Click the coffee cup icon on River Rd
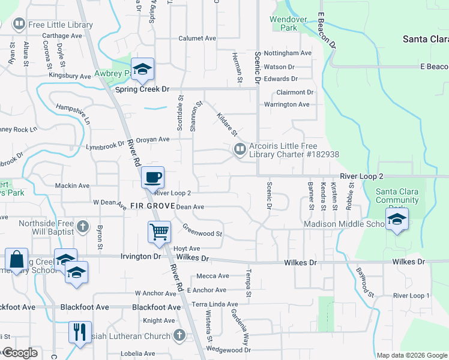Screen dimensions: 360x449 point(152,177)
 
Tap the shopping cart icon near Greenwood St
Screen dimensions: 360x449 point(159,231)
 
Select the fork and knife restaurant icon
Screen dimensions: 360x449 point(79,331)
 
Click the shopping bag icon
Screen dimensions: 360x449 point(16,260)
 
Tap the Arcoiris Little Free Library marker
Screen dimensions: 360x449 point(240,149)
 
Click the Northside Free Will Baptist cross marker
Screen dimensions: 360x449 point(83,227)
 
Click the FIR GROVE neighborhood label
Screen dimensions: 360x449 point(149,206)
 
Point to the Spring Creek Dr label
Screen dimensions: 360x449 point(142,89)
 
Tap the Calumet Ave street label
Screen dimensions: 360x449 point(197,38)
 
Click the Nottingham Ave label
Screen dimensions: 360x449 point(288,53)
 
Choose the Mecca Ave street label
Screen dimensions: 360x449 point(213,276)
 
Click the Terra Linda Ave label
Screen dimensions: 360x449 point(215,304)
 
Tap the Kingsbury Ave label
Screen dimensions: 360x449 point(70,76)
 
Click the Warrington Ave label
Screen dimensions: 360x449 point(287,104)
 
